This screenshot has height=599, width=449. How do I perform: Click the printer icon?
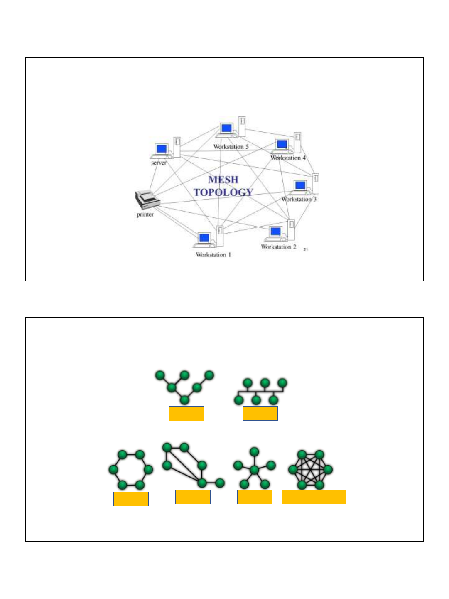point(147,200)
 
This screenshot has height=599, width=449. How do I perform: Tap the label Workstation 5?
point(231,147)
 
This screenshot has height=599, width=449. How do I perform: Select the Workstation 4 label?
point(288,158)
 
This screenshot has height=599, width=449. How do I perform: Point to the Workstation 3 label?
point(299,199)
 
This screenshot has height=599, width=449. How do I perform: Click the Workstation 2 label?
point(279,247)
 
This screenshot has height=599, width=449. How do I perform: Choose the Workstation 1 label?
point(213,255)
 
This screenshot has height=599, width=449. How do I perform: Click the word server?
point(159,163)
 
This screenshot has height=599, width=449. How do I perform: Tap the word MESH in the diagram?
point(223,180)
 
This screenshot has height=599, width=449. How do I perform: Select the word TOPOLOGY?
point(223,192)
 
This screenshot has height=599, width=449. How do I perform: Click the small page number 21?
point(306,249)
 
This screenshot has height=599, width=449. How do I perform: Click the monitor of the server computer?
point(161,149)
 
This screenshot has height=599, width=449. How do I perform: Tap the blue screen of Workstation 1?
point(204,238)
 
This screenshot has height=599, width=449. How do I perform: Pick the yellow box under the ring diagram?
point(131,499)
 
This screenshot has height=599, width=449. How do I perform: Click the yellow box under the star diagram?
point(255,497)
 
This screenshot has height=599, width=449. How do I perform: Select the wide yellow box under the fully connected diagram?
point(314,497)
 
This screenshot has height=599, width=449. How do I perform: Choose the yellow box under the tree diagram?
point(186,414)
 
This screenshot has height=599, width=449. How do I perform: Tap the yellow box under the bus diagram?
point(260,414)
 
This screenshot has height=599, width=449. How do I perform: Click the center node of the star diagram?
point(254,470)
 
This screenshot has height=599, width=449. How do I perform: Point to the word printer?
point(145,214)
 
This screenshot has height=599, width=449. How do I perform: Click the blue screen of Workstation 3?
point(300,185)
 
